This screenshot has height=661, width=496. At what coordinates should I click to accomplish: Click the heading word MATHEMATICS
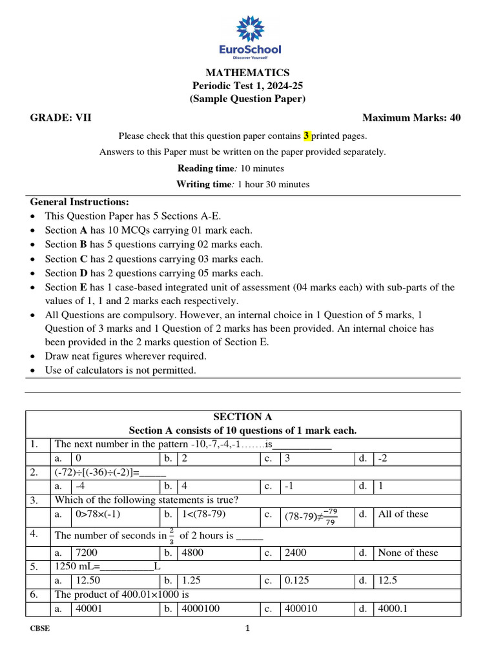247,73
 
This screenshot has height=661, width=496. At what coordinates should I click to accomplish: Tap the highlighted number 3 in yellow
307,136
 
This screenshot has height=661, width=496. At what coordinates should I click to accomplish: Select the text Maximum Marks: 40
411,117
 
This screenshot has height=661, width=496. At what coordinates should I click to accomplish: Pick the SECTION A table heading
242,417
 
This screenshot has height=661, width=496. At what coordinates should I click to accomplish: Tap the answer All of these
403,514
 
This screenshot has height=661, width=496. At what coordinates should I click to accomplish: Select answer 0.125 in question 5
298,580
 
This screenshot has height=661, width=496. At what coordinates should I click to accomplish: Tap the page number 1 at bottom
247,629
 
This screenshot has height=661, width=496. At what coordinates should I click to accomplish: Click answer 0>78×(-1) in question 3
98,514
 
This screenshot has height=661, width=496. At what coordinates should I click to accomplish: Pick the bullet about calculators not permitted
120,371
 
